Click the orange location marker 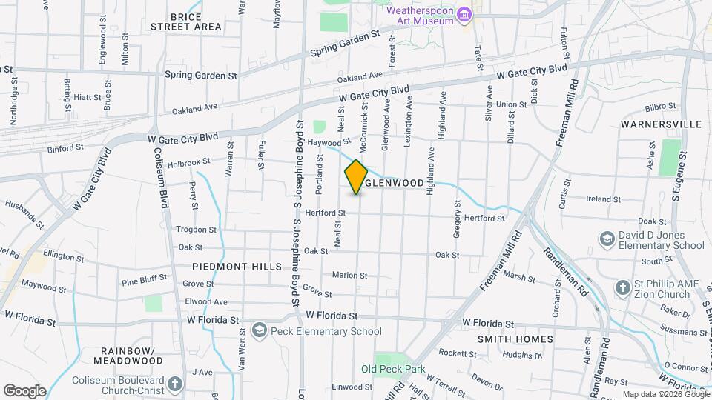pos(357,177)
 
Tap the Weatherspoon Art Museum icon pos(464,14)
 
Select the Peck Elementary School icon pos(259,330)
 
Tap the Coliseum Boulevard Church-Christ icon pos(174,384)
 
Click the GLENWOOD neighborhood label pos(395,182)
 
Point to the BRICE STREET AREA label pos(185,21)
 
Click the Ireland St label pos(603,199)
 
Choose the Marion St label pos(345,275)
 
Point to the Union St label pos(512,104)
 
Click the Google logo pos(24,390)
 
